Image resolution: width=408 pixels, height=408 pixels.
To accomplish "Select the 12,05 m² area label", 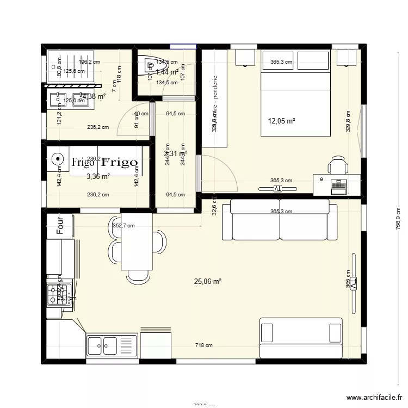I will pos(282,121).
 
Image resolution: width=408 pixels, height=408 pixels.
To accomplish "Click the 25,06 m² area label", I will pos(208,281).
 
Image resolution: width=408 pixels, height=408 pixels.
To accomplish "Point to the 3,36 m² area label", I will pos(98,176).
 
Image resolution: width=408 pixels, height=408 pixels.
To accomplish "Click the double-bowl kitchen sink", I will pos(103,344).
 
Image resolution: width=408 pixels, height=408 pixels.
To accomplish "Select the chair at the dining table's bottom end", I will pos(135,277).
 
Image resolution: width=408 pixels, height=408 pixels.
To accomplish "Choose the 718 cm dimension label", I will pos(205,345).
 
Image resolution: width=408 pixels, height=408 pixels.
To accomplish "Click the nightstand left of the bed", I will pos(245,58).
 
